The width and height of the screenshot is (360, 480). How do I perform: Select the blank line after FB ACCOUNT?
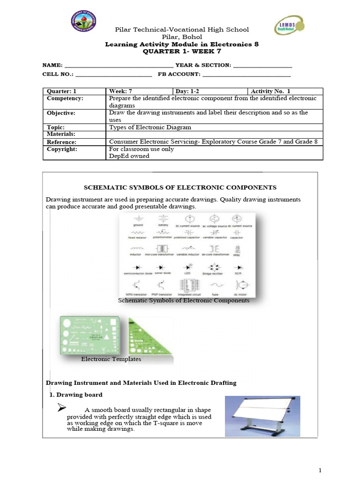click(x=246, y=75)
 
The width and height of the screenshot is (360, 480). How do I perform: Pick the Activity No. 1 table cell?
click(x=285, y=91)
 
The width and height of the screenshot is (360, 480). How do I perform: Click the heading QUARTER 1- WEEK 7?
click(x=181, y=51)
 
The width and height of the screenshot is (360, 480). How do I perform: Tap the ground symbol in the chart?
click(x=138, y=218)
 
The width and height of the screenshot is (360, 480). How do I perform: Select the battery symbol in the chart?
click(x=164, y=218)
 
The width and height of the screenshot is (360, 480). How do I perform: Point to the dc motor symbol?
click(x=240, y=285)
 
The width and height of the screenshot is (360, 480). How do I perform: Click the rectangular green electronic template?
click(x=89, y=335)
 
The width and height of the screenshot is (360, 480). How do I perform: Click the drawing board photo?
click(x=262, y=416)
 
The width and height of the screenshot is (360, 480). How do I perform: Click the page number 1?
click(x=319, y=470)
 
